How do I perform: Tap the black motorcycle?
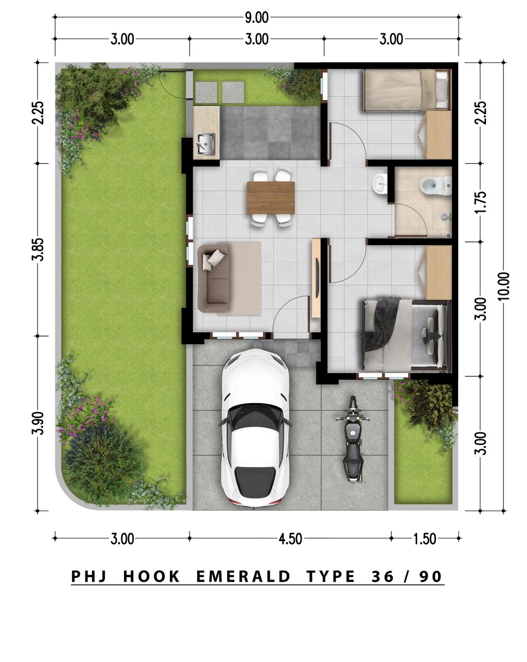pyautogui.click(x=353, y=439)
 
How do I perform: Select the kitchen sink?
pyautogui.click(x=206, y=143)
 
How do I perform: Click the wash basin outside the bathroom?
pyautogui.click(x=380, y=184)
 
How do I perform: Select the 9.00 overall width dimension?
pyautogui.click(x=256, y=18)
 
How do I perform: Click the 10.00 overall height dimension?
pyautogui.click(x=503, y=286)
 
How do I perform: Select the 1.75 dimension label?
pyautogui.click(x=480, y=202)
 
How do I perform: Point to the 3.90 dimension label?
pyautogui.click(x=38, y=423)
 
